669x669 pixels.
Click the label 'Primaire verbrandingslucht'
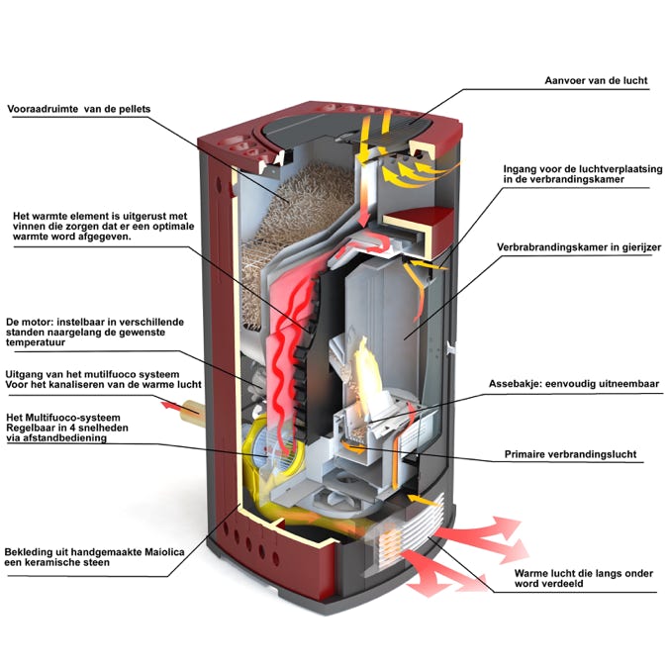tap(570, 455)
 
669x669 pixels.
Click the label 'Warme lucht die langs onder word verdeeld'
tap(578, 579)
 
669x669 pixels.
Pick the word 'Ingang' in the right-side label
tap(522, 168)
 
